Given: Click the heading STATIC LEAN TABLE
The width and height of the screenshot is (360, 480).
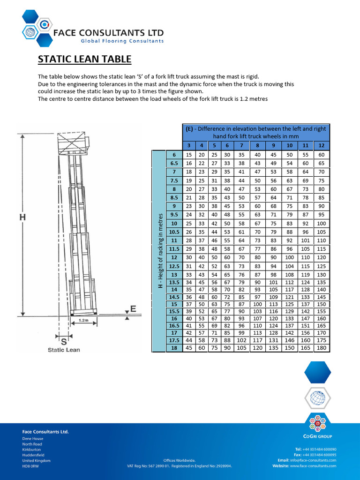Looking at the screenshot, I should coord(84,60).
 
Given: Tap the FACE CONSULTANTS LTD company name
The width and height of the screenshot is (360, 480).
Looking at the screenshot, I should coord(109,33).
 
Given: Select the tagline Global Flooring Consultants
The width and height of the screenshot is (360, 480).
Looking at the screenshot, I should coord(122,41).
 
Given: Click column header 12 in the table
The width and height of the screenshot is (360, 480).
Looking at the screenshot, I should coord(321,145).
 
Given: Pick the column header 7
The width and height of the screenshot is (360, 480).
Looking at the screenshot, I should coord(242,145).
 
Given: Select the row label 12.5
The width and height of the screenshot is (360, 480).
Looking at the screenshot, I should coord(174,266).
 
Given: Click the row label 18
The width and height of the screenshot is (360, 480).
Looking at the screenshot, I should coord(174,347).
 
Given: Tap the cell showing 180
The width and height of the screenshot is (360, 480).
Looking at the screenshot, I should coord(321,347).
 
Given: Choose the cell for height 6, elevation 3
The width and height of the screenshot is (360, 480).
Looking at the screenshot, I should coord(189,155).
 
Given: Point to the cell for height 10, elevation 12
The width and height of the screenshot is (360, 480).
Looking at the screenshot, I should coord(321,224).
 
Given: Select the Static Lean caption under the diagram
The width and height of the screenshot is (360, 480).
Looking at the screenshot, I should coord(64,350).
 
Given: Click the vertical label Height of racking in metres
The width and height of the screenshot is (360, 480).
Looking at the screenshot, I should coord(160,251).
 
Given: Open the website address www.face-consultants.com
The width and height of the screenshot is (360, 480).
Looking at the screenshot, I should coord(313,465).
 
